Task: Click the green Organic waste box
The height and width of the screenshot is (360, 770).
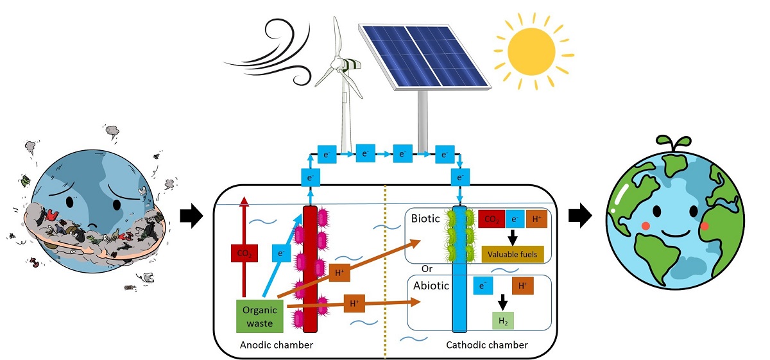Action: click(x=259, y=316)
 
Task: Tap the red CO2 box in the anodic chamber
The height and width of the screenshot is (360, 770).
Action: click(x=244, y=253)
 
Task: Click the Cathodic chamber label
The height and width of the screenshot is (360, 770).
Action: click(x=486, y=345)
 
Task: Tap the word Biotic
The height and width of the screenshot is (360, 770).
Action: click(x=426, y=219)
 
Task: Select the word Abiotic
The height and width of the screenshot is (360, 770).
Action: click(x=430, y=286)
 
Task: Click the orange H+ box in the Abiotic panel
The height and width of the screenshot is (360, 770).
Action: click(x=523, y=286)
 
